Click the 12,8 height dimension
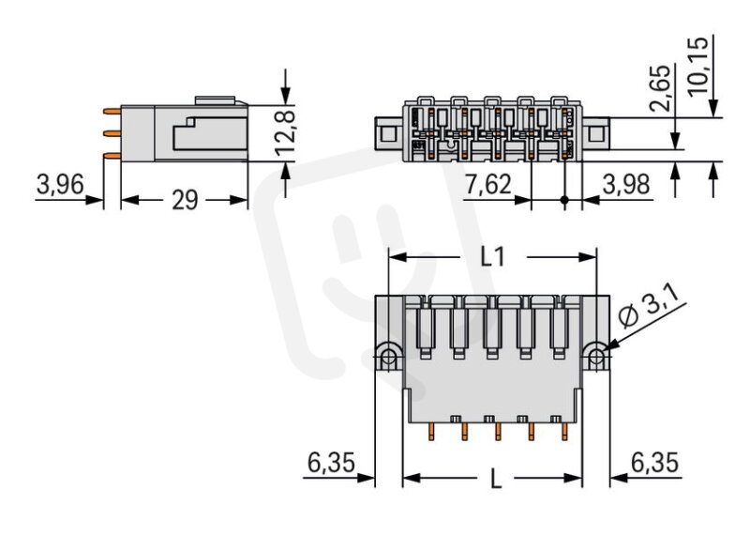[285, 133]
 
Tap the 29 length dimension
[185, 200]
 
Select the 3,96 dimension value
[60, 184]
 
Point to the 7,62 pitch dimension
[487, 184]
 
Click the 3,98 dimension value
[626, 184]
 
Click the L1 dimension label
[492, 257]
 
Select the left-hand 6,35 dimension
[332, 463]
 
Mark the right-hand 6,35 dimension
[654, 463]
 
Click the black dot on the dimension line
[564, 200]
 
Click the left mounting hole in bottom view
[389, 357]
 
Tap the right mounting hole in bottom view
[596, 357]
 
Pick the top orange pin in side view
[112, 111]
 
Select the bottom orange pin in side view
[112, 155]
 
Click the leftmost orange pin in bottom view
[431, 432]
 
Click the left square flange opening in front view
[388, 132]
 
